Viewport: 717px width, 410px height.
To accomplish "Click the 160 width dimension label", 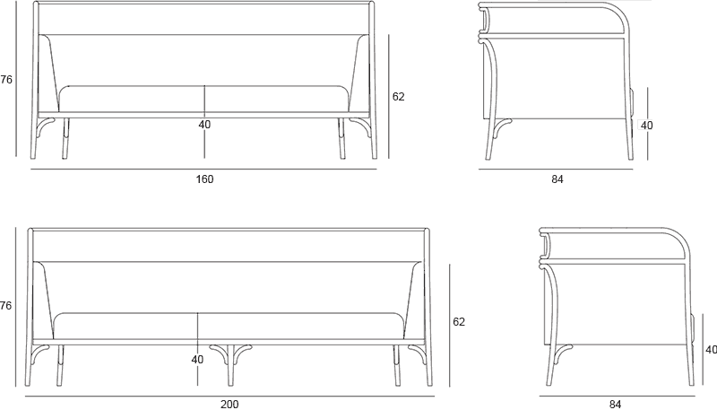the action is coord(204,179).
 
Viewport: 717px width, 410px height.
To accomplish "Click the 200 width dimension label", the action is coord(229,405).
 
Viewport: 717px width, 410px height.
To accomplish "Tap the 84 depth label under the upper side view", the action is coord(557,179).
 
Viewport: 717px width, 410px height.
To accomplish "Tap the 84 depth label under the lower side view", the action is coord(616,405).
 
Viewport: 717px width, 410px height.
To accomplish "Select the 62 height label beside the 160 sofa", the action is coord(398,97).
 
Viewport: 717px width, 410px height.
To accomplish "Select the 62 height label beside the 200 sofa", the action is coord(459,322).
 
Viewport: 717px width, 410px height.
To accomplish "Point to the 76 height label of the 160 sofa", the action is coord(6,80).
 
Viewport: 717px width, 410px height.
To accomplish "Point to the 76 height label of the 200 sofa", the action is coord(5,305).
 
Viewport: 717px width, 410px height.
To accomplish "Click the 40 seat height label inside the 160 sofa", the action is coord(204,125).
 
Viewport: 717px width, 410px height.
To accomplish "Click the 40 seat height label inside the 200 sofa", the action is coord(197,360).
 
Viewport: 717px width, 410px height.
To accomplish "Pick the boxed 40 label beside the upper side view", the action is coord(646,125).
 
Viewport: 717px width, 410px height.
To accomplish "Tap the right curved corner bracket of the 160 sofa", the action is coord(362,125).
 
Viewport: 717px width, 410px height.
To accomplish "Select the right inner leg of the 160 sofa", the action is coord(341,138).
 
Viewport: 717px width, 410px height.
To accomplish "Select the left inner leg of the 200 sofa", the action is coord(60,365).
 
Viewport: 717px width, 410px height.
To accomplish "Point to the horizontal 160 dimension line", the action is coord(203,169).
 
